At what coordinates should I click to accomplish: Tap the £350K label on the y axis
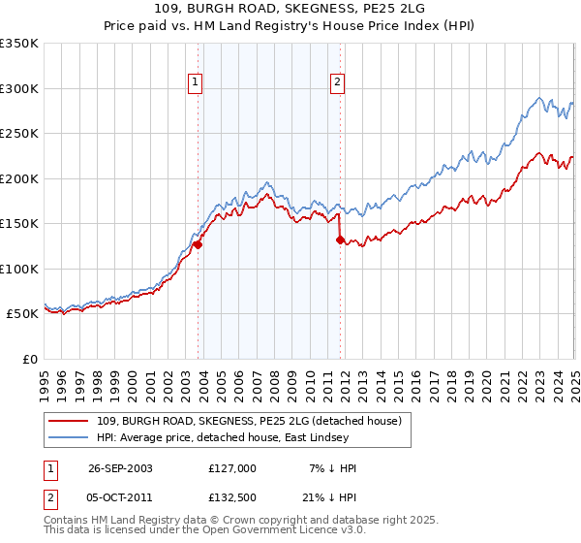(x=19, y=44)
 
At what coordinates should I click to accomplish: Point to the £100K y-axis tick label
(x=19, y=269)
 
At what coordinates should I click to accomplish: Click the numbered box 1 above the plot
(x=196, y=83)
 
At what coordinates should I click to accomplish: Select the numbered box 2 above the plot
(x=337, y=83)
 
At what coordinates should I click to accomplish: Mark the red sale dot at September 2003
(x=198, y=245)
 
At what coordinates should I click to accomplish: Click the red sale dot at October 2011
(x=340, y=240)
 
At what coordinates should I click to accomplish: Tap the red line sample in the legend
(x=70, y=420)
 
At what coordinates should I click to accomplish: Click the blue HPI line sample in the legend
(x=70, y=438)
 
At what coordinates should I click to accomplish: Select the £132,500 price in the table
(x=231, y=497)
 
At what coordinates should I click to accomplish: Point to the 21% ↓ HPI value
(x=328, y=497)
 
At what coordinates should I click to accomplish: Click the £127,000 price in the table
(x=231, y=468)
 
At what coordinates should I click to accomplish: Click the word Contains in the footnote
(x=66, y=521)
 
